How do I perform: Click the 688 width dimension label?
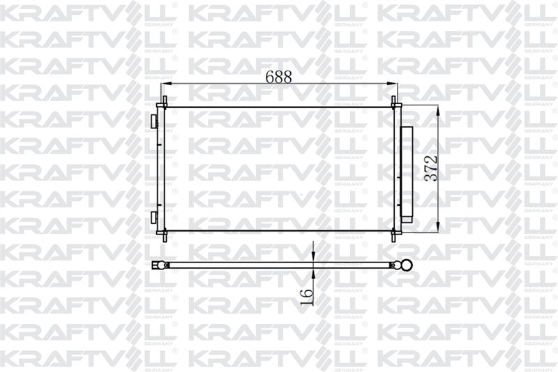(x=278, y=77)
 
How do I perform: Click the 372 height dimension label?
(x=432, y=168)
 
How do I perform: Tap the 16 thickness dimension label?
(x=307, y=297)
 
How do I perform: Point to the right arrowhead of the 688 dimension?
(x=392, y=84)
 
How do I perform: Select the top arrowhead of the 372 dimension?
(x=438, y=112)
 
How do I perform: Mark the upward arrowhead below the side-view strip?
(x=313, y=274)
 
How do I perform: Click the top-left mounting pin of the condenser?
(x=165, y=102)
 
